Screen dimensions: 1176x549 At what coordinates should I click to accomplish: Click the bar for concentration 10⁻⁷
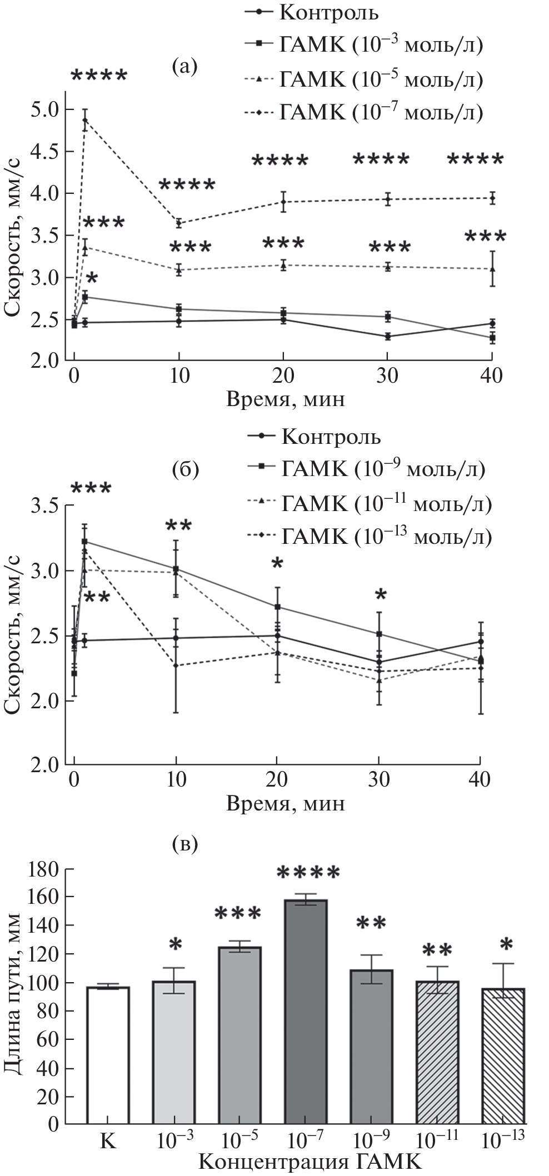click(x=306, y=1017)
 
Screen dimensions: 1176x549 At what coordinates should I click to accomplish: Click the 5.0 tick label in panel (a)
click(x=46, y=109)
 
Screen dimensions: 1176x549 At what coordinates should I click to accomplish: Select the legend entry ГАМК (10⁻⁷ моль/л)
click(x=364, y=112)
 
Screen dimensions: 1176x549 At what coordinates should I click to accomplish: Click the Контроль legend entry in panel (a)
click(x=311, y=12)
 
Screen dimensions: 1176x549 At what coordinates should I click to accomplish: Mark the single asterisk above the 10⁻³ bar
click(x=176, y=945)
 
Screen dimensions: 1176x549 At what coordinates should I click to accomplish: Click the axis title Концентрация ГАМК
click(x=310, y=1162)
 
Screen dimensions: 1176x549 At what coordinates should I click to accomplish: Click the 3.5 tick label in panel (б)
click(x=46, y=506)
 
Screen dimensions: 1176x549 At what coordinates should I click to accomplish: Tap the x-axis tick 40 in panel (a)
click(x=491, y=376)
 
